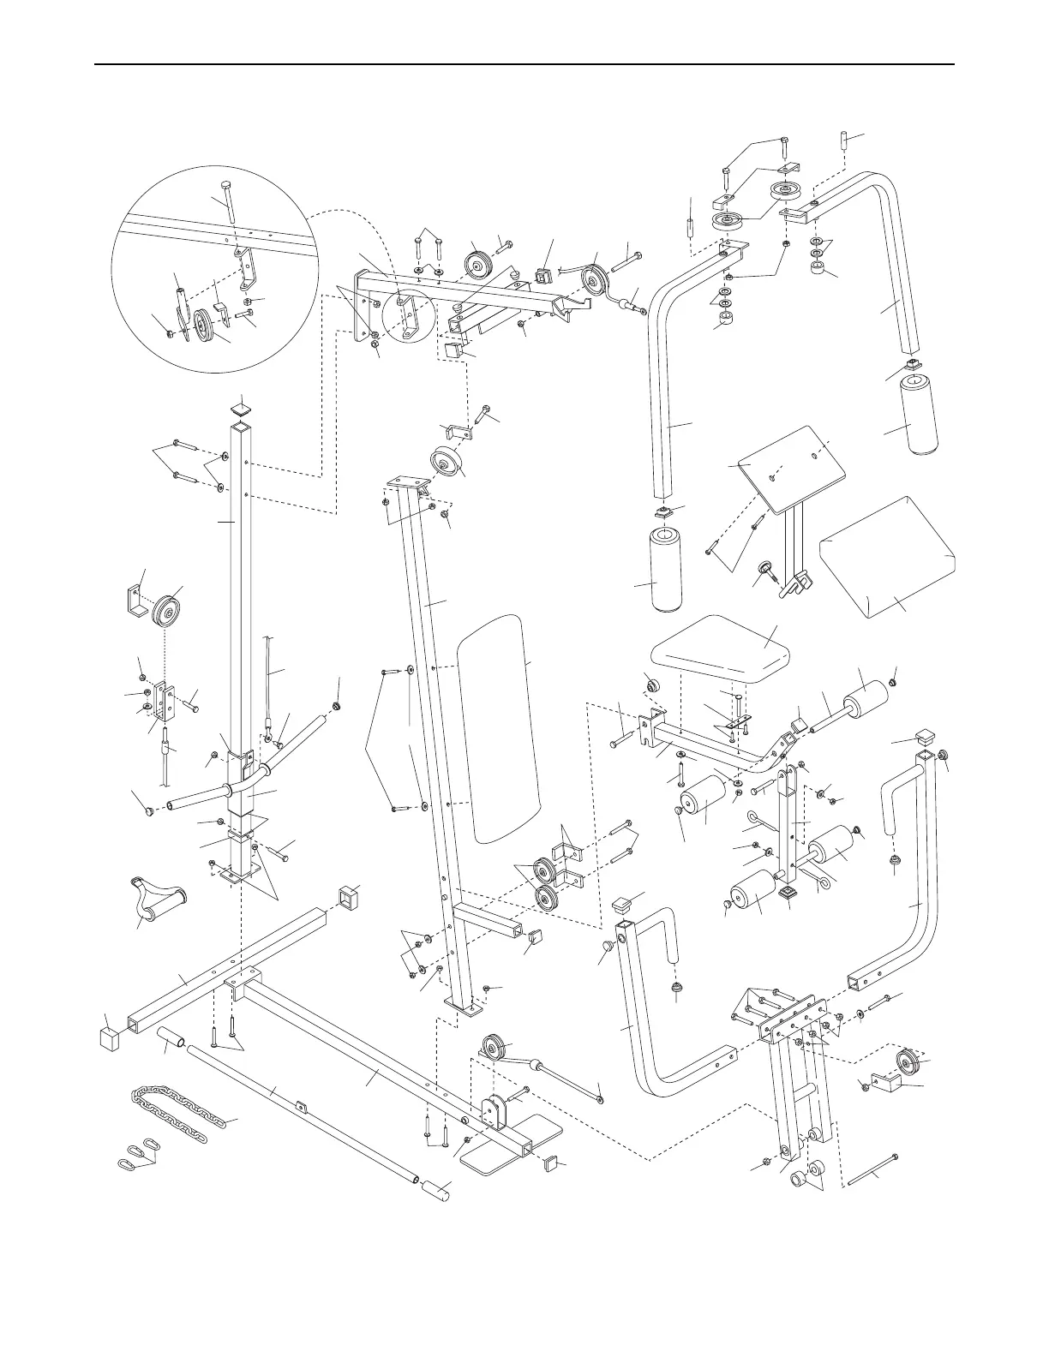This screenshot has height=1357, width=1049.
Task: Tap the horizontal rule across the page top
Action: click(524, 63)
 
